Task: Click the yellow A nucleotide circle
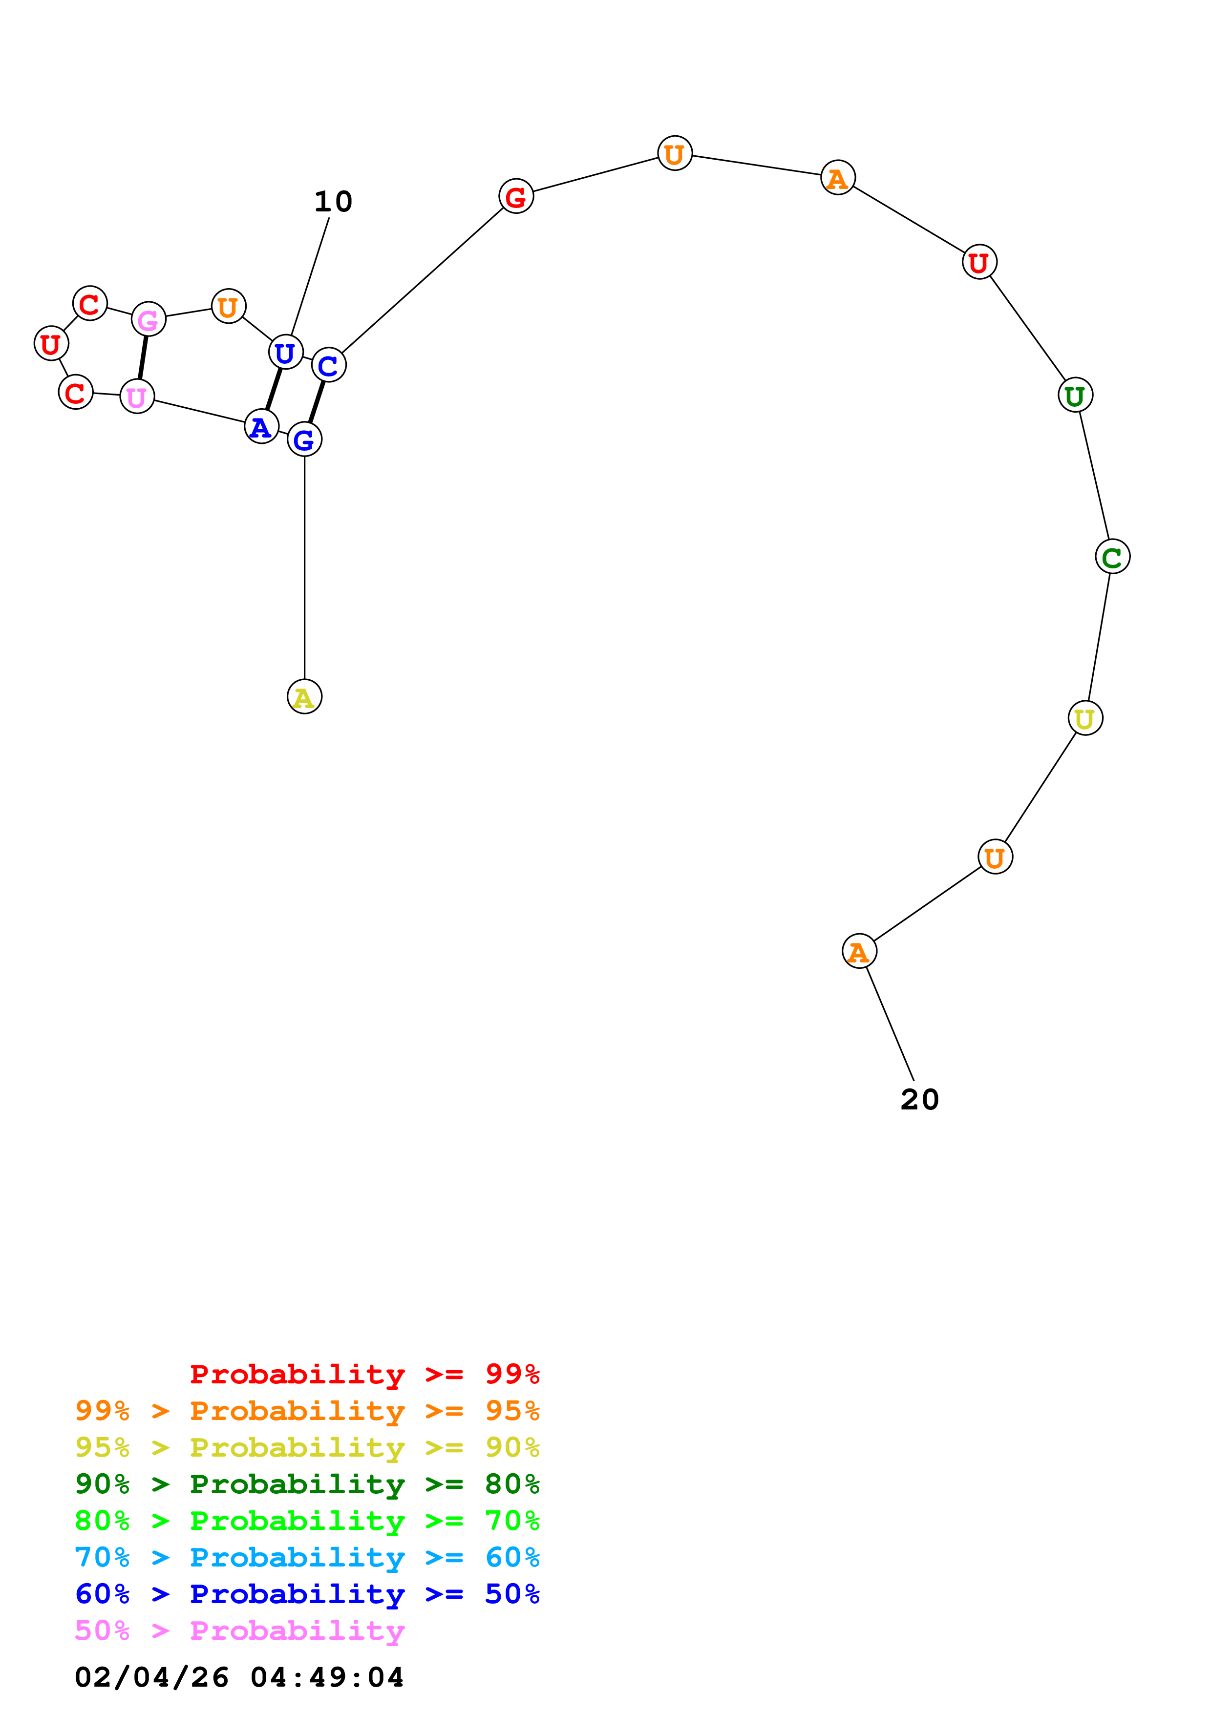click(304, 696)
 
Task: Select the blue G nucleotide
click(304, 439)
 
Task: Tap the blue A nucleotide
click(261, 427)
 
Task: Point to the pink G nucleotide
click(149, 319)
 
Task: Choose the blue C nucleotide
click(328, 365)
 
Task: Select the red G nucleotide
click(515, 196)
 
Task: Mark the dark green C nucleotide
click(1112, 557)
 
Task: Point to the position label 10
click(333, 202)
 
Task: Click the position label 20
click(919, 1100)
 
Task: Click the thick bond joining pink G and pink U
click(143, 358)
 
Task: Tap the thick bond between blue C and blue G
click(317, 402)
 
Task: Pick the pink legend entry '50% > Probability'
click(239, 1630)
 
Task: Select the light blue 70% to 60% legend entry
click(307, 1557)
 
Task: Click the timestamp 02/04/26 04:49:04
click(239, 1677)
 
